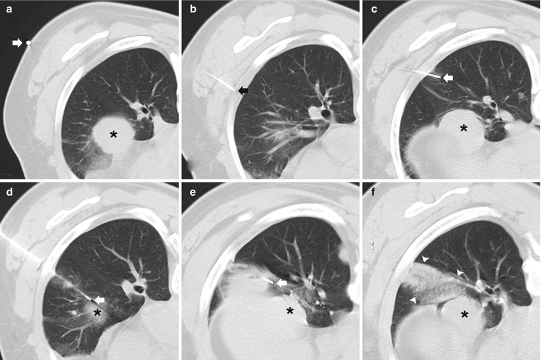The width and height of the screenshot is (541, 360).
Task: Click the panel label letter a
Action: point(9,9)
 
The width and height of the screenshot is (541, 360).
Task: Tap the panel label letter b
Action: point(193,9)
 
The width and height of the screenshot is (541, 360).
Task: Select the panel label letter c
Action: point(374,9)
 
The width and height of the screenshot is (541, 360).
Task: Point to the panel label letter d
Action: point(9,192)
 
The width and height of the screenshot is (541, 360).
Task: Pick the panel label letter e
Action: point(193,192)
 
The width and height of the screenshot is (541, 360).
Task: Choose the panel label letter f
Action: point(373,192)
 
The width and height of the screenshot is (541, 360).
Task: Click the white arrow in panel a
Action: point(17,43)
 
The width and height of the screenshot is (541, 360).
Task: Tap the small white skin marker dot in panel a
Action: point(29,43)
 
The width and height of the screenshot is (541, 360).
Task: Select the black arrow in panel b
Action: point(243,91)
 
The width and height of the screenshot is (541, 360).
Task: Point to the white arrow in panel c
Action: point(448,78)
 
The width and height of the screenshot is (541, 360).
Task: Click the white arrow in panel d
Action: point(100,300)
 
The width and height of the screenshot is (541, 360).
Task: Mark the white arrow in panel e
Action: point(282,282)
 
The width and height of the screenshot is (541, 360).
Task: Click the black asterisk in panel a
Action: point(113,135)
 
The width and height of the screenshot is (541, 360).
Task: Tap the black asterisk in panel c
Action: point(463,128)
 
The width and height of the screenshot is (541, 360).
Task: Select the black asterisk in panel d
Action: point(97,313)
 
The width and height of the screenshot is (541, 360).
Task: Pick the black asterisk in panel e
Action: point(290,311)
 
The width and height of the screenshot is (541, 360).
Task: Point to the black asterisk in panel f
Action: point(464,314)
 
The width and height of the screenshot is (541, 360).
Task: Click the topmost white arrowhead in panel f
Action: point(426,259)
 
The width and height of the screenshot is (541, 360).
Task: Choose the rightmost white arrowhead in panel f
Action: point(460,273)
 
